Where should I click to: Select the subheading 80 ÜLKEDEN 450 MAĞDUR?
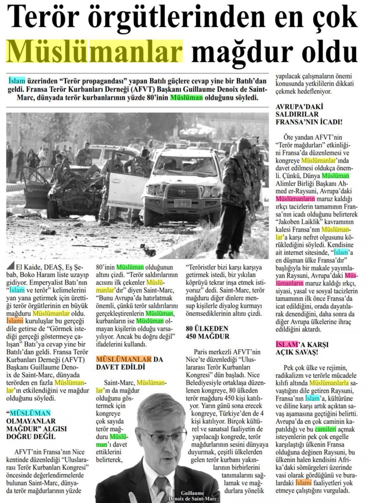point(207,332)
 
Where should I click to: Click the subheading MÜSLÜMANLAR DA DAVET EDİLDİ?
point(129,363)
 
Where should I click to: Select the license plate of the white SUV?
point(182,203)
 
